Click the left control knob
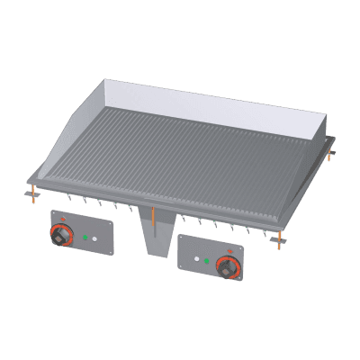click(62, 237)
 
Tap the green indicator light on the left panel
click(85, 238)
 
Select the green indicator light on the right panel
click(208, 262)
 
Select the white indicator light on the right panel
click(195, 261)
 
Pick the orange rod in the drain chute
click(155, 218)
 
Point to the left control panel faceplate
click(81, 236)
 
